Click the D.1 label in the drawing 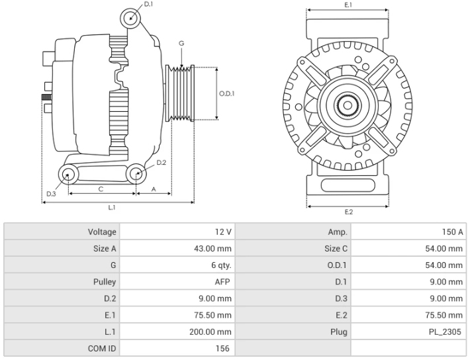148,5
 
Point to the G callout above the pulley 181,44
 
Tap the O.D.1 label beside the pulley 226,93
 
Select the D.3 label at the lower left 51,193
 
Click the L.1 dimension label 113,208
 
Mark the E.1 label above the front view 348,5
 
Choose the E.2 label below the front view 348,212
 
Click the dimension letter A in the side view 154,189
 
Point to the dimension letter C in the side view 101,189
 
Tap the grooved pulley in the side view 181,93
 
